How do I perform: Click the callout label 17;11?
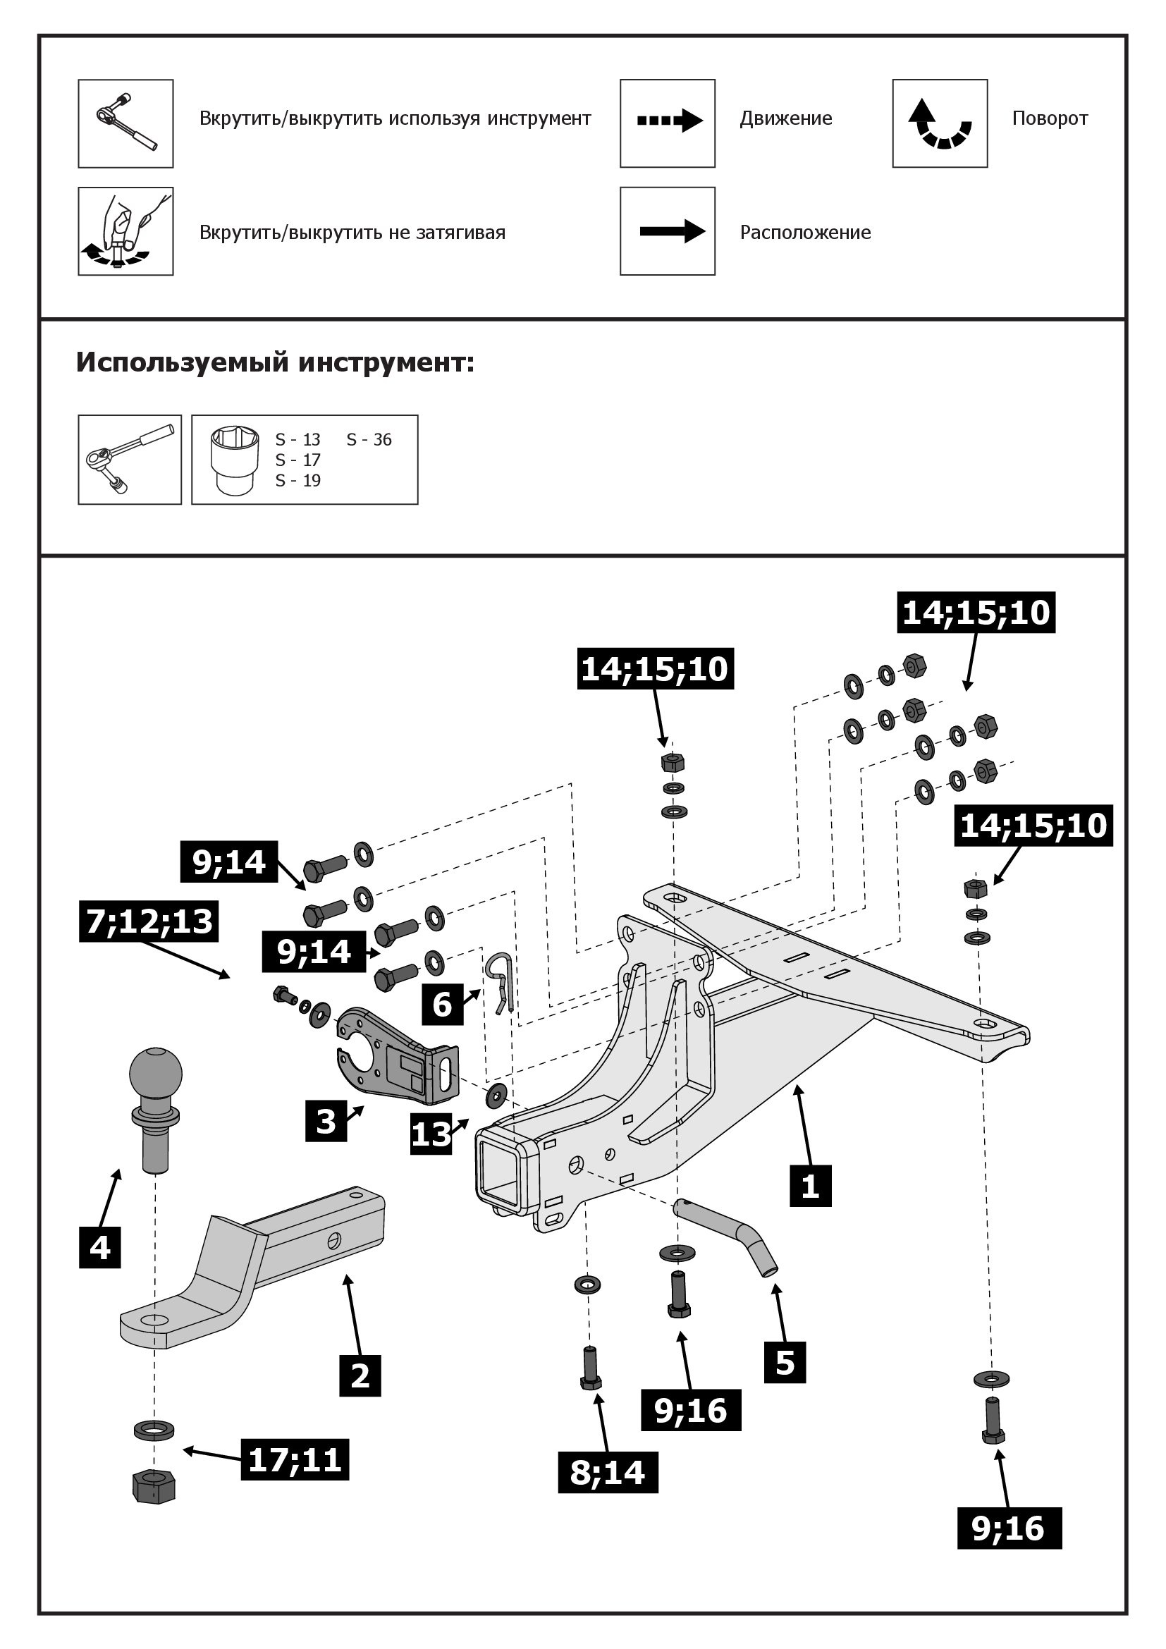pyautogui.click(x=295, y=1459)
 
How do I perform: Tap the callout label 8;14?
pyautogui.click(x=608, y=1472)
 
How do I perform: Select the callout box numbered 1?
pyautogui.click(x=810, y=1186)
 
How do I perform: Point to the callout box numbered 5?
pyautogui.click(x=785, y=1363)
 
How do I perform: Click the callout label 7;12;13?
pyautogui.click(x=149, y=921)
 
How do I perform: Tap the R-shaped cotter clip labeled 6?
pyautogui.click(x=501, y=979)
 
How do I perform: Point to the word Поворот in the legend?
pyautogui.click(x=1050, y=118)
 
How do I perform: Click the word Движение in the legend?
pyautogui.click(x=786, y=118)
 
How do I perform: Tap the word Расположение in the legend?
pyautogui.click(x=805, y=233)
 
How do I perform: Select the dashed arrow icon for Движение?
pyautogui.click(x=668, y=121)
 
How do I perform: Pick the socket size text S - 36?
pyautogui.click(x=369, y=439)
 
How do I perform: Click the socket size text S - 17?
pyautogui.click(x=298, y=460)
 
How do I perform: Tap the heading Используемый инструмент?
pyautogui.click(x=275, y=362)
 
